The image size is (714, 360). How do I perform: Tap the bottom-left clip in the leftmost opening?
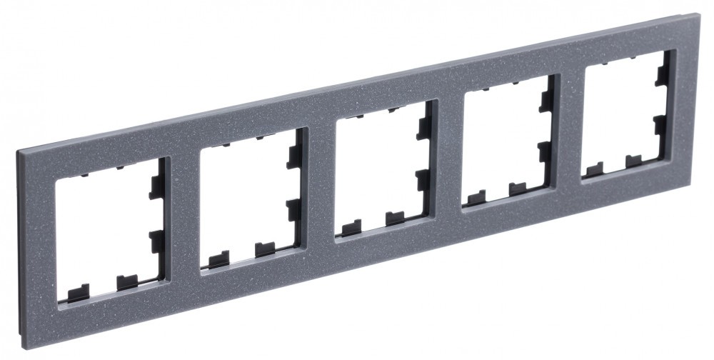pos(78,293)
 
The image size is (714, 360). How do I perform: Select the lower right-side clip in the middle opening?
pos(423,177)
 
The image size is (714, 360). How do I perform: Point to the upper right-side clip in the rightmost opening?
pos(662,74)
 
